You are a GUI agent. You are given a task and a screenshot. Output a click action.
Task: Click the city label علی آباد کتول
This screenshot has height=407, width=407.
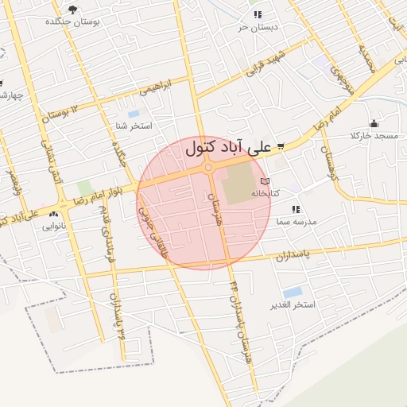228,147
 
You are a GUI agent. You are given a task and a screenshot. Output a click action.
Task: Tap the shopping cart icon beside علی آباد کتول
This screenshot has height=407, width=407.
281,146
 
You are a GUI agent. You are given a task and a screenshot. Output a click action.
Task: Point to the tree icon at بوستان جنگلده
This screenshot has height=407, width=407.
74,10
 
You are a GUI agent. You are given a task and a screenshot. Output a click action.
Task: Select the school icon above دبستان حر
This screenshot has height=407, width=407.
257,14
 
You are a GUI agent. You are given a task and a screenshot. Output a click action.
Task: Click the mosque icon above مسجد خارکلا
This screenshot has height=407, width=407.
374,123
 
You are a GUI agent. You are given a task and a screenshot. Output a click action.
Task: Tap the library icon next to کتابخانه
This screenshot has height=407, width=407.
276,182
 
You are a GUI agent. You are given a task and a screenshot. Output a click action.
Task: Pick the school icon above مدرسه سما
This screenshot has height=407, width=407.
295,209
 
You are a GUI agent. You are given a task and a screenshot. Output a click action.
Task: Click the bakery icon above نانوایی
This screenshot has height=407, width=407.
54,215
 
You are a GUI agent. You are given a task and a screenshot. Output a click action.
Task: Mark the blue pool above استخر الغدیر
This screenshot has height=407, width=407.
293,293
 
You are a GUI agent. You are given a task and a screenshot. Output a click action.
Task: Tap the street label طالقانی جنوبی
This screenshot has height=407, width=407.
154,231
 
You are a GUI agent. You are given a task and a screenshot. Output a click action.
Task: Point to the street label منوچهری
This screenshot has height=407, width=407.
339,80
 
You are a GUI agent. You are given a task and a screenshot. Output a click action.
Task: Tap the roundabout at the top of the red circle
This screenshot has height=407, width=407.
208,167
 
